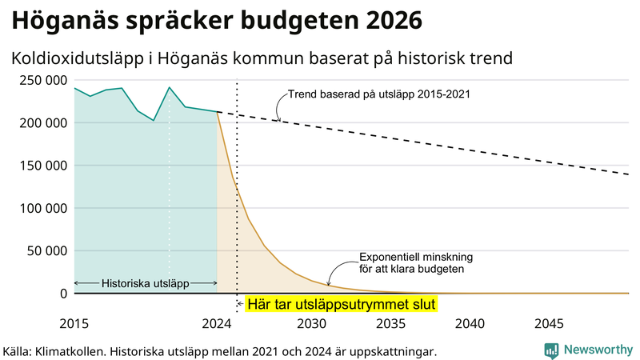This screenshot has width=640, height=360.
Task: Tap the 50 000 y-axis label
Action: (44, 250)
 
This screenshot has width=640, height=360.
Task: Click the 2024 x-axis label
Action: (217, 324)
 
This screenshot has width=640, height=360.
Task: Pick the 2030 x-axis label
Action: (311, 324)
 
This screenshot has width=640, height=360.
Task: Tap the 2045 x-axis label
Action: (548, 324)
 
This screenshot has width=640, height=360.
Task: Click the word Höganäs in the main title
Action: (59, 20)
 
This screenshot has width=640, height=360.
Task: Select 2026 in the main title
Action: (390, 20)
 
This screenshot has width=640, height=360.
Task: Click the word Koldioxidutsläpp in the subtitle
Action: (77, 58)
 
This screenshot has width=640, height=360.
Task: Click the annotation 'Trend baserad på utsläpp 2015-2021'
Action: (378, 94)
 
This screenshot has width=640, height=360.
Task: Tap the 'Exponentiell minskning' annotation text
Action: (416, 258)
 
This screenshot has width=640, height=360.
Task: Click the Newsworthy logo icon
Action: (551, 350)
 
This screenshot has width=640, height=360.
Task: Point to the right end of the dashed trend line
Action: (629, 174)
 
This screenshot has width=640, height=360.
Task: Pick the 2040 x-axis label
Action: (470, 324)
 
